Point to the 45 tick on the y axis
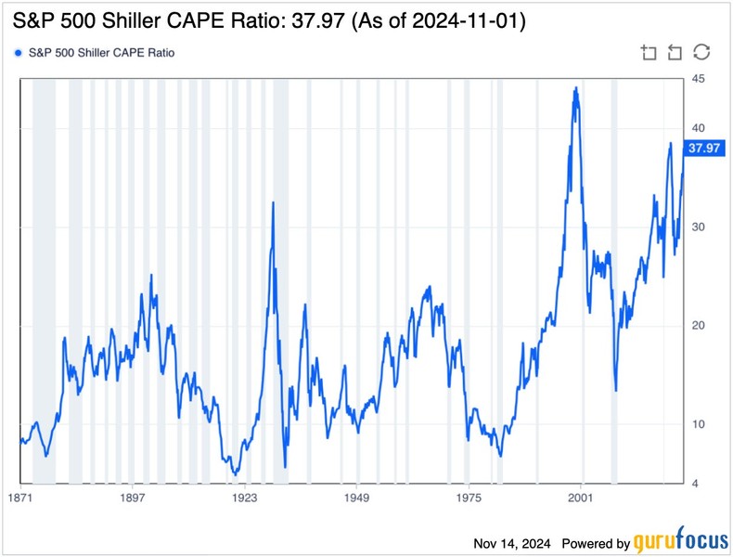click(692, 79)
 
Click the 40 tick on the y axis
click(692, 128)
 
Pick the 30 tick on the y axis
click(692, 227)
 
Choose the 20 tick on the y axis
click(692, 326)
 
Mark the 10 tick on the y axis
click(692, 424)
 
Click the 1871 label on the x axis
click(20, 499)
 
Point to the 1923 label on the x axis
click(245, 499)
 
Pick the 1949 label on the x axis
click(357, 499)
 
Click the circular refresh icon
click(701, 53)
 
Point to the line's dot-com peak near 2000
click(576, 88)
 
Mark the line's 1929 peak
click(273, 202)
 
